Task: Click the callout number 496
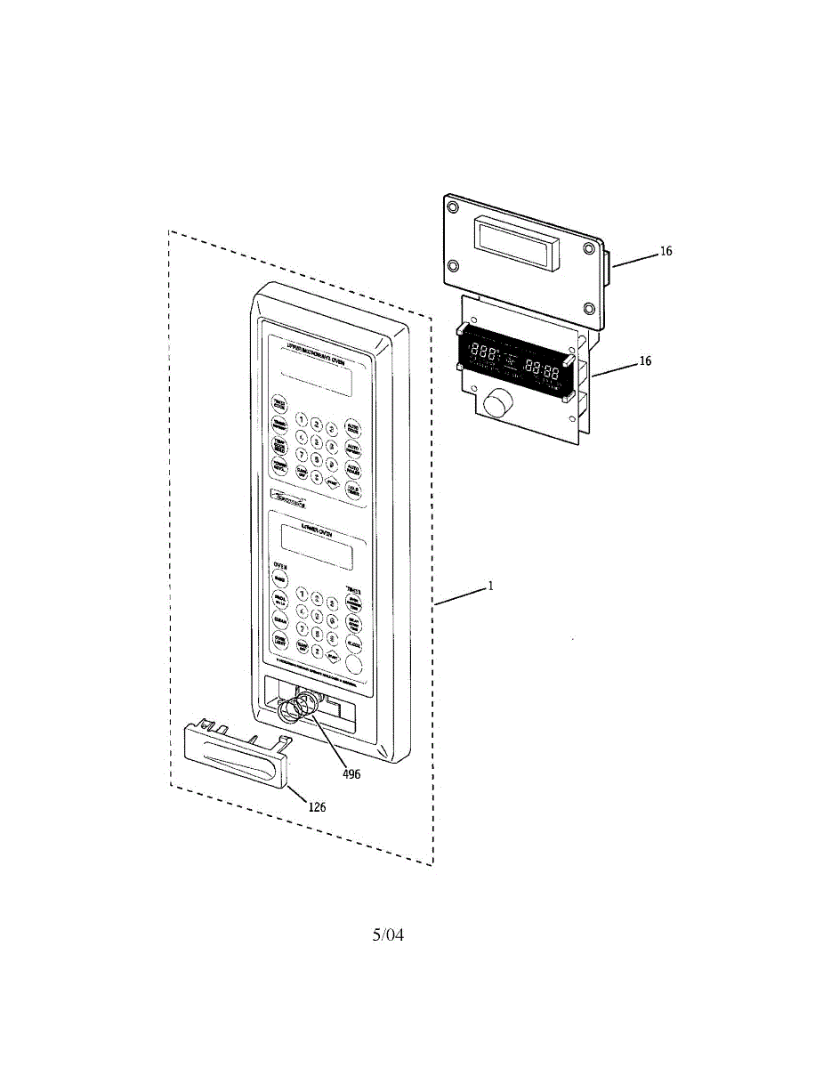click(351, 774)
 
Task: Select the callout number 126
click(317, 807)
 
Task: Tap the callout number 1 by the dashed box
click(489, 587)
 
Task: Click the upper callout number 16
click(666, 252)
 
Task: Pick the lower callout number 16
click(645, 361)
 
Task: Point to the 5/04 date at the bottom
click(388, 935)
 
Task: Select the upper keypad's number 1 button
click(302, 420)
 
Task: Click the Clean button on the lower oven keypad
click(280, 620)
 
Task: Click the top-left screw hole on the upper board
click(454, 207)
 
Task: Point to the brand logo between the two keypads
click(292, 503)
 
